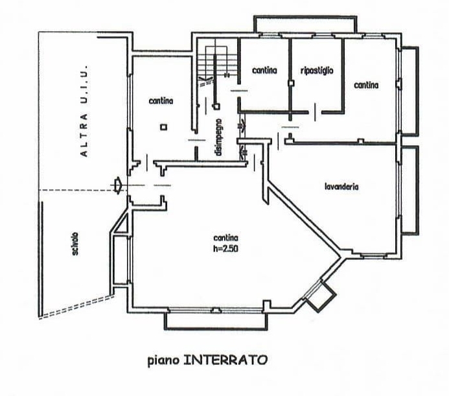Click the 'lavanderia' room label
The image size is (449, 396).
[x=341, y=187]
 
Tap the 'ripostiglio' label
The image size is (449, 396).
[x=317, y=71]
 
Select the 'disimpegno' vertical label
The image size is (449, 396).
[x=219, y=137]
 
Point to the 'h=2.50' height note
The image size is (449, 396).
[x=225, y=249]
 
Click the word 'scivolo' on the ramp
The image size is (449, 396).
[x=76, y=244]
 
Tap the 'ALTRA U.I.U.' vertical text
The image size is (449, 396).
[x=84, y=111]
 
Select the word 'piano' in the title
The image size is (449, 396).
[x=163, y=360]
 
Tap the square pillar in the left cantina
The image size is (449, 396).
[x=163, y=127]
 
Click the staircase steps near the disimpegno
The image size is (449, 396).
[x=217, y=61]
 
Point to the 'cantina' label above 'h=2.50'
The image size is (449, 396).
[x=225, y=238]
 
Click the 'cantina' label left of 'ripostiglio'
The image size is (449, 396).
[x=264, y=70]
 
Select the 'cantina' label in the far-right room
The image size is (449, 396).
[x=366, y=85]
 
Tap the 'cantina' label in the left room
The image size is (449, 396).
[x=161, y=101]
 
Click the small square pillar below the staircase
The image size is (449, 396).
[x=216, y=106]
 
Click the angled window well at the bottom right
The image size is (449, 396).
[x=320, y=296]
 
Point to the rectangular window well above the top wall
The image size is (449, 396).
[x=305, y=24]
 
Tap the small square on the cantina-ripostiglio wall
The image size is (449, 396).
[x=291, y=83]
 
